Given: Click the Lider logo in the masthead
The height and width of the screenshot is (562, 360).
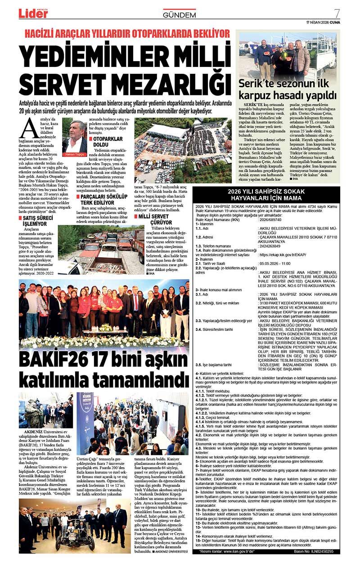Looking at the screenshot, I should pos(33,13).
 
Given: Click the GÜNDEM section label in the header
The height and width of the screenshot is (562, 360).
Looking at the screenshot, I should pos(179,15).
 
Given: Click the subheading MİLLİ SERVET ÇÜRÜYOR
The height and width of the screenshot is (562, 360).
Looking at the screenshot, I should pos(156,219).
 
